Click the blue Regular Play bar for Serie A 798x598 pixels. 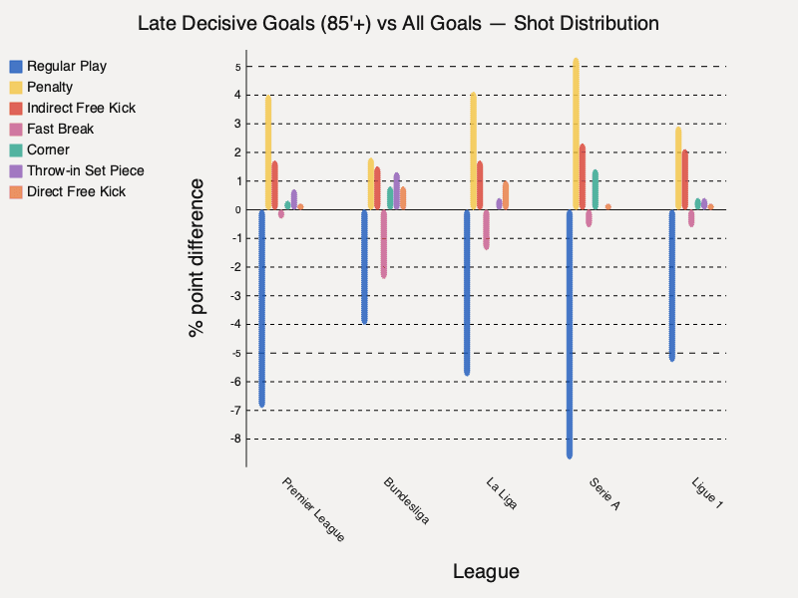coord(570,334)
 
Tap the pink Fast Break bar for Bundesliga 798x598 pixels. coord(384,243)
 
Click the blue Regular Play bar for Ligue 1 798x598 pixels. coord(672,285)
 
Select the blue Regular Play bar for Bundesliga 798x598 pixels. coord(364,266)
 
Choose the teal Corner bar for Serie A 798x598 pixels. coord(596,189)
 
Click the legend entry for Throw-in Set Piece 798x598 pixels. coord(85,170)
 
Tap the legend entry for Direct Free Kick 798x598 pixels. coord(76,191)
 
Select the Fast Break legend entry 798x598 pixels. coord(60,129)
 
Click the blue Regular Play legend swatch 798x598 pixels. coord(15,67)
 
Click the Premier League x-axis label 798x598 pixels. coord(314,509)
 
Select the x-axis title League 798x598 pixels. coord(486,571)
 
